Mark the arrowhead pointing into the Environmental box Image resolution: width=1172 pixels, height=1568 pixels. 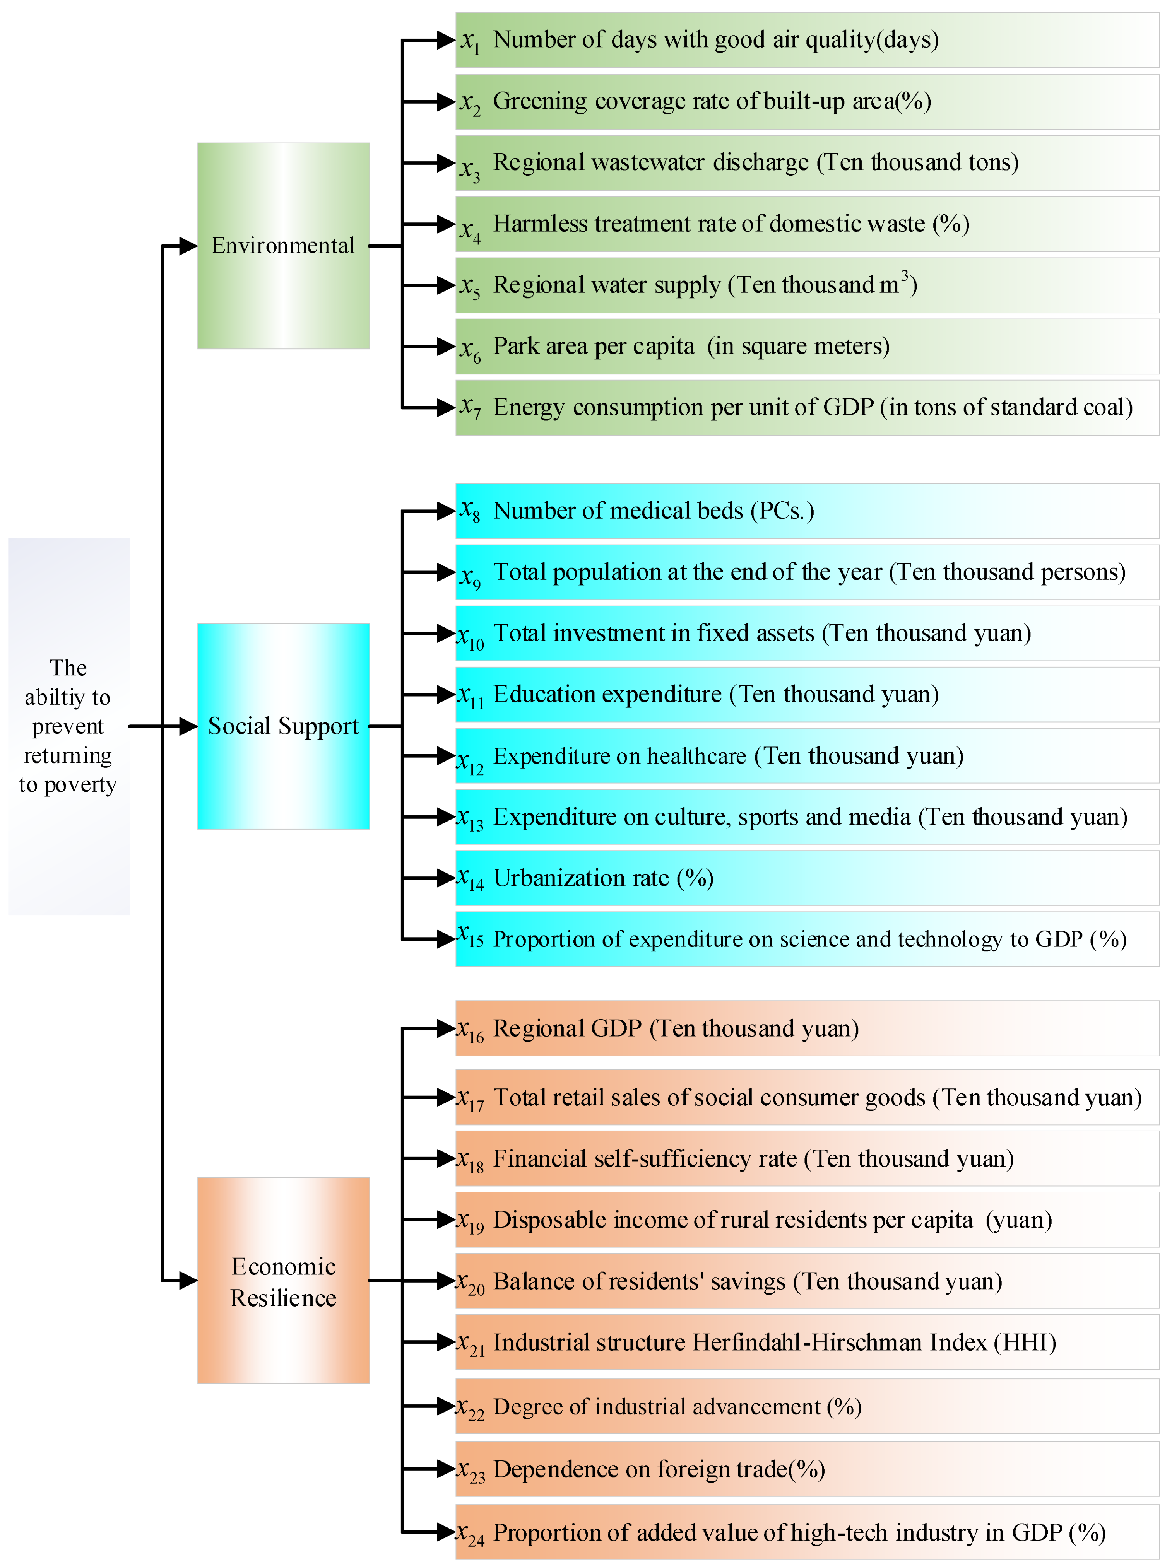[x=188, y=246]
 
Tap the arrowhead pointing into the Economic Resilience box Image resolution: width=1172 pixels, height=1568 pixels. [x=188, y=1280]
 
